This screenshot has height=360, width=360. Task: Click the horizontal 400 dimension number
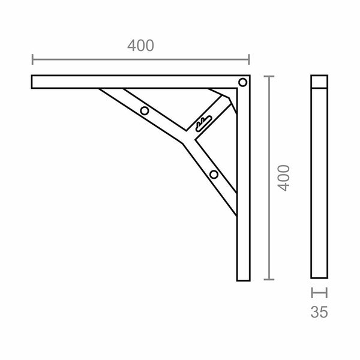click(x=140, y=46)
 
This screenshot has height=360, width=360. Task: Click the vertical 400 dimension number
click(x=284, y=178)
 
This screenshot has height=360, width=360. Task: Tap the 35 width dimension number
click(x=319, y=312)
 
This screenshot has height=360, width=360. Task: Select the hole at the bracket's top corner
click(x=242, y=82)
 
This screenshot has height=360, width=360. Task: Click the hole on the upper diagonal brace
click(x=145, y=111)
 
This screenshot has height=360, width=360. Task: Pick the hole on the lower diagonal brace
click(x=214, y=175)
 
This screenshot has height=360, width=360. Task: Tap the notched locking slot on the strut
click(x=203, y=124)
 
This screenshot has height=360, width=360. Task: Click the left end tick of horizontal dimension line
click(x=32, y=59)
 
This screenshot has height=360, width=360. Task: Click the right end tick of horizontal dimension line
click(x=249, y=59)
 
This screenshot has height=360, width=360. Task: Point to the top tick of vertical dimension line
click(x=269, y=76)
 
